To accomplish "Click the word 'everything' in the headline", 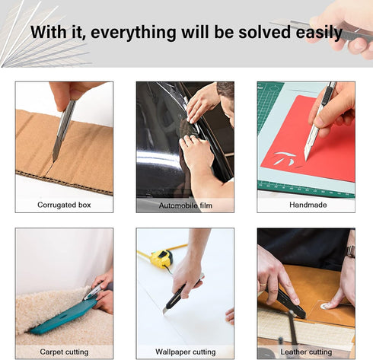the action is pos(133,33).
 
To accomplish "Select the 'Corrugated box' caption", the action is pos(64,205).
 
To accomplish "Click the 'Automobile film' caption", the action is pos(186,205).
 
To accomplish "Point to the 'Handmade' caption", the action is pos(308,205).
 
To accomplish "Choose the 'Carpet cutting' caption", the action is pos(64,352).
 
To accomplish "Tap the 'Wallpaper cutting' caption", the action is pos(186,352).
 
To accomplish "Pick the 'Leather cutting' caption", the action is pos(306,352).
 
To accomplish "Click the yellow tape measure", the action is pos(161,259).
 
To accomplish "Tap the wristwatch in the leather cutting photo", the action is pos(351,251).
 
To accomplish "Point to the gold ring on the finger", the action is pos(262,284).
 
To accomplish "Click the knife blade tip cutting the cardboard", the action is pos(53,161).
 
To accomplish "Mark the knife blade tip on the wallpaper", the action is pos(164,313).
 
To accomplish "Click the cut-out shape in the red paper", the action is pos(285,158).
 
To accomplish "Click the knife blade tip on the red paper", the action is pos(306,160).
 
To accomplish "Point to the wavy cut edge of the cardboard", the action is pos(64,183).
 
